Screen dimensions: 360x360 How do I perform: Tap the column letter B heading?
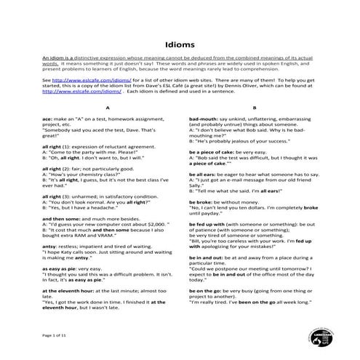pyautogui.click(x=254, y=108)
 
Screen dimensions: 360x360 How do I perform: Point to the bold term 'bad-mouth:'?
pyautogui.click(x=205, y=118)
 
